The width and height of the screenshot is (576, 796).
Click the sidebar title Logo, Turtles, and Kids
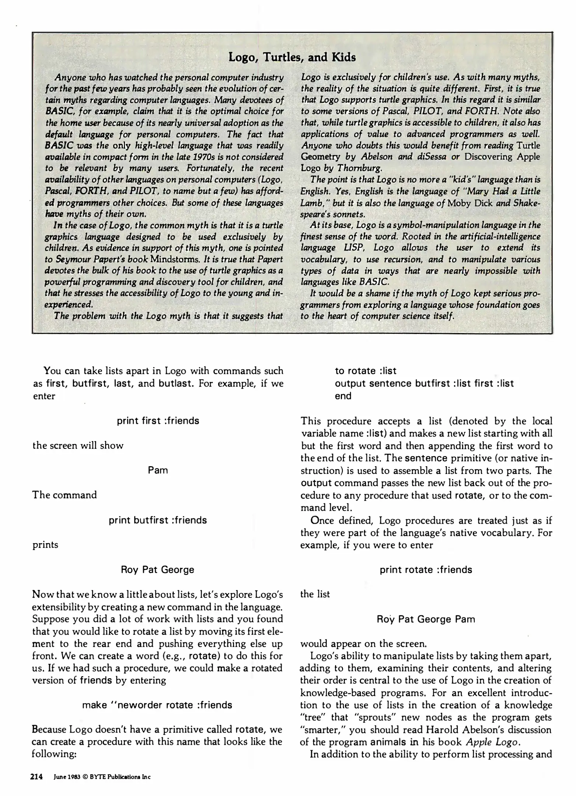coord(292,57)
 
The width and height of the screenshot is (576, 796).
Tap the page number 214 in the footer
coord(37,777)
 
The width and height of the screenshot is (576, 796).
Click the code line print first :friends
coord(158,421)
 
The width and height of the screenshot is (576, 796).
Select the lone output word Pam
coord(158,470)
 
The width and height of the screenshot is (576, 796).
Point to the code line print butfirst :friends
coord(158,520)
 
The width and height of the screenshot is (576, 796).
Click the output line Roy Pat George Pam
coord(426,619)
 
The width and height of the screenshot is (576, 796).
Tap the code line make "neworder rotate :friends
coord(157,705)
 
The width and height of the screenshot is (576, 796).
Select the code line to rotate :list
coord(366,371)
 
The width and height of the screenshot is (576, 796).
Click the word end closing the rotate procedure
coord(343,396)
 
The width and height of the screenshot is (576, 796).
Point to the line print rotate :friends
coord(426,569)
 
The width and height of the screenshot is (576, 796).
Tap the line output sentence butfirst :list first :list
coord(424,383)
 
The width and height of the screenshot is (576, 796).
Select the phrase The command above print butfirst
coord(64,495)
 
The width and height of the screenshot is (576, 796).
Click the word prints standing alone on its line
coord(45,545)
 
